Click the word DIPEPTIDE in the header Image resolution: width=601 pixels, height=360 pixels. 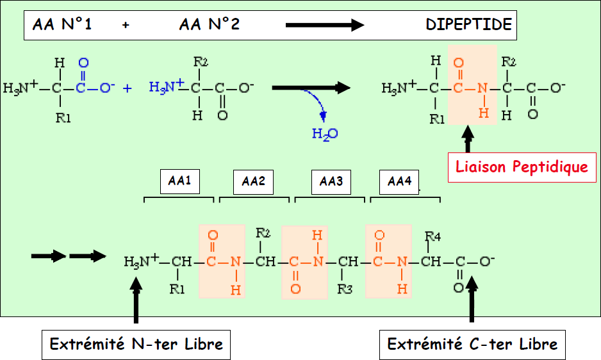[x=468, y=25]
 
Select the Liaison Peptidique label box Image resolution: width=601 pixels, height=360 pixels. [x=521, y=167]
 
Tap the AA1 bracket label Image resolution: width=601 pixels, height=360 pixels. [x=179, y=181]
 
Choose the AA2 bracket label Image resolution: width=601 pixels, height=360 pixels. [x=253, y=182]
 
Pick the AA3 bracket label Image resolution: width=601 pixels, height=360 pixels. [x=331, y=182]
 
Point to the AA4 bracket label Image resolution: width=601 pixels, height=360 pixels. [x=399, y=182]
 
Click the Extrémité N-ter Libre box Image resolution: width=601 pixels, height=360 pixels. [x=136, y=344]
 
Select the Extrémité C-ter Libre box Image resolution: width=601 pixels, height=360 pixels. [x=472, y=345]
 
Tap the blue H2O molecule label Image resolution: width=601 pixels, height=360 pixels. [x=324, y=134]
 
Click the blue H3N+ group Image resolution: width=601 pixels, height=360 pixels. [x=166, y=86]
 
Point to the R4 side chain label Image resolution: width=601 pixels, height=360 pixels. [x=433, y=237]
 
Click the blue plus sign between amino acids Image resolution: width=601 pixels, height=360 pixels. [x=127, y=88]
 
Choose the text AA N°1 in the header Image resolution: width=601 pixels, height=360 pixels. [x=62, y=25]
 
